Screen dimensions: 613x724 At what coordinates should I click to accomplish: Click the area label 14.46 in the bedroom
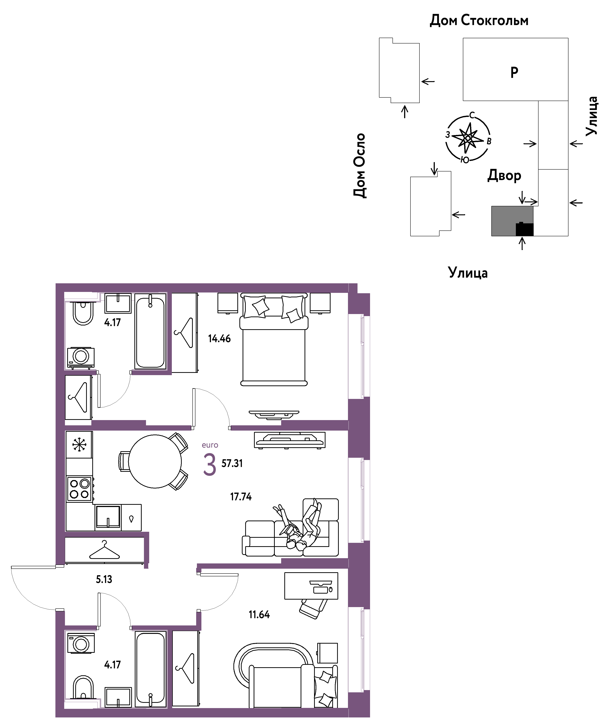pos(219,339)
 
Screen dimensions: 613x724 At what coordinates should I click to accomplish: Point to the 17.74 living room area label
pos(241,497)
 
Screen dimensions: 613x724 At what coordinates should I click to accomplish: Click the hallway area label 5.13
pos(104,579)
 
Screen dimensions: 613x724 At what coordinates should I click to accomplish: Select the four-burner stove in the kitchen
pos(80,489)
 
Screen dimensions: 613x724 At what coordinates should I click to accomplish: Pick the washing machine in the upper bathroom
pos(81,357)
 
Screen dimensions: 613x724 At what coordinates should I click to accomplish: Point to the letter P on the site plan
pos(514,72)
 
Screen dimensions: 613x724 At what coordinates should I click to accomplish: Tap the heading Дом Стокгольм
pos(479,21)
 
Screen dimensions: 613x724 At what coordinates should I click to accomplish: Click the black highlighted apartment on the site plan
pos(524,229)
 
